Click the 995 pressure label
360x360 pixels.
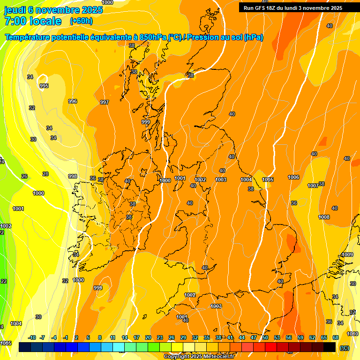click(x=44, y=86)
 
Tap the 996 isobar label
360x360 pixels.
click(x=73, y=101)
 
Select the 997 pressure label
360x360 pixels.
click(x=105, y=102)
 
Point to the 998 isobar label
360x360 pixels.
click(x=73, y=176)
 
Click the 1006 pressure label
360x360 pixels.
click(x=293, y=177)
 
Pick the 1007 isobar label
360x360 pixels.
click(x=313, y=186)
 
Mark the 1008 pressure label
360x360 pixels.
click(x=324, y=217)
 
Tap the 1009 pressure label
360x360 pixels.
click(x=347, y=255)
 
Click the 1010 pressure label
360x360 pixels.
click(x=352, y=334)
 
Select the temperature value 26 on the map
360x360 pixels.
click(x=24, y=176)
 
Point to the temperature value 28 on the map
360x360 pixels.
click(x=45, y=174)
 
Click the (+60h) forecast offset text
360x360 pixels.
click(x=81, y=21)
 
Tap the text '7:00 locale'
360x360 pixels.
click(x=33, y=21)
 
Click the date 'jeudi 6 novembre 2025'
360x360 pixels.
click(x=53, y=10)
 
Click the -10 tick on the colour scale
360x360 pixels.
click(x=32, y=337)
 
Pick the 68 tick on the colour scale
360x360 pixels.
click(x=336, y=337)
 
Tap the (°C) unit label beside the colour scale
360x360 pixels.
click(x=344, y=348)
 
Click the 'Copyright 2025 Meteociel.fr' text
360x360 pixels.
click(x=199, y=356)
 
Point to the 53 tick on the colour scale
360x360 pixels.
click(x=277, y=337)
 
